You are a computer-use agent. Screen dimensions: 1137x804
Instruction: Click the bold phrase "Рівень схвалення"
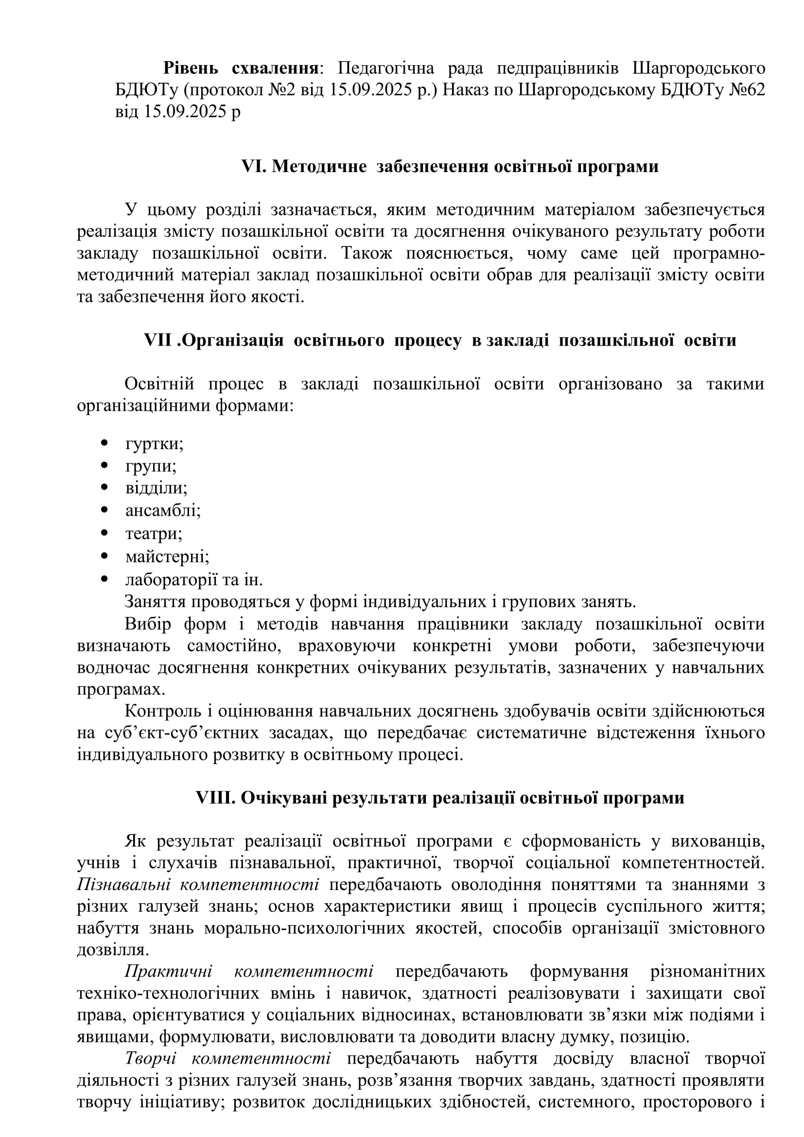tap(241, 68)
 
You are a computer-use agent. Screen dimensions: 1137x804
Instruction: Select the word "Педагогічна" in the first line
tap(385, 68)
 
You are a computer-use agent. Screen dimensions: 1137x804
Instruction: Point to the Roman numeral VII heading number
tap(158, 340)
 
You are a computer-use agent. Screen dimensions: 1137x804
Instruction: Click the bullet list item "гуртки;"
tap(154, 443)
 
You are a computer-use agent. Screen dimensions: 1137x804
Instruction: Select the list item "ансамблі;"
tap(163, 510)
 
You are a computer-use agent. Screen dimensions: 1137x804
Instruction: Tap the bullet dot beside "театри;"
tap(104, 533)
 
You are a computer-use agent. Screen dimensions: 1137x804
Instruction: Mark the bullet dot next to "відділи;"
tap(104, 488)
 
